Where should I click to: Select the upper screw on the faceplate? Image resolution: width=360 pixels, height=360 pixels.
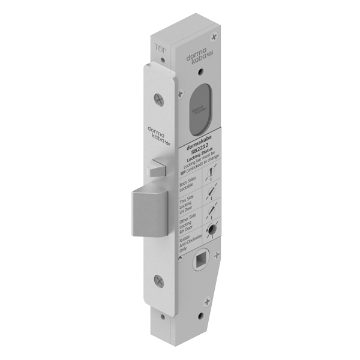pos(158,96)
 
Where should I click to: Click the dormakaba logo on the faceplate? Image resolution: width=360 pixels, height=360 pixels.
pos(157,137)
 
